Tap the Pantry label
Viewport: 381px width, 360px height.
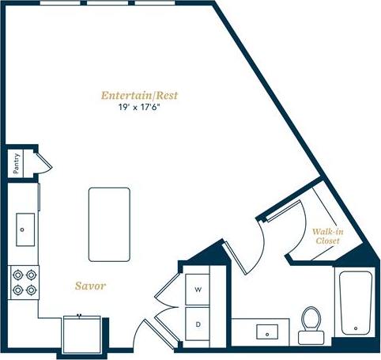pyautogui.click(x=16, y=163)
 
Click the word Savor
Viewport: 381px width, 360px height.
pyautogui.click(x=91, y=285)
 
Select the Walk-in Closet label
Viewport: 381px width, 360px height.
pyautogui.click(x=326, y=235)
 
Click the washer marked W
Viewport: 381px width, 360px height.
pyautogui.click(x=199, y=290)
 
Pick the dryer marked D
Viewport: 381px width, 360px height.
pyautogui.click(x=199, y=323)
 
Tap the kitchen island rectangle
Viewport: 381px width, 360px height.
pyautogui.click(x=109, y=224)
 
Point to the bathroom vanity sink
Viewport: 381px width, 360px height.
pyautogui.click(x=269, y=332)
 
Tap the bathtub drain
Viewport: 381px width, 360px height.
pyautogui.click(x=356, y=328)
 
